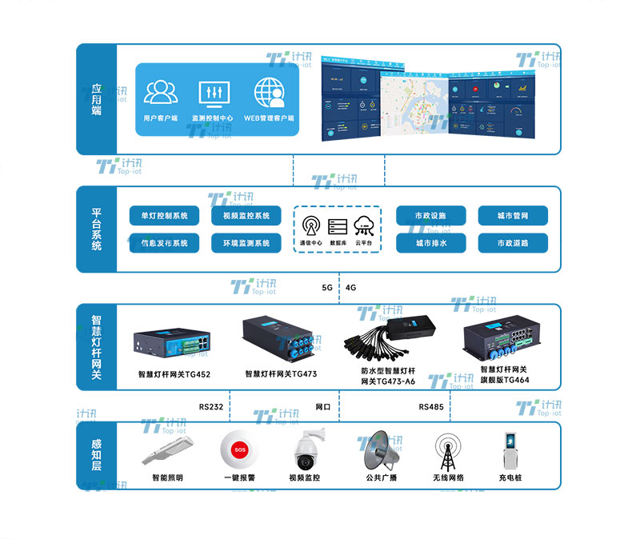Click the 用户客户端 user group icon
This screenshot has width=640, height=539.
tap(161, 92)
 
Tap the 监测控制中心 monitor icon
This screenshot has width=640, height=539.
tap(213, 92)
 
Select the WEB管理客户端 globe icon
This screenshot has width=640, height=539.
tap(270, 92)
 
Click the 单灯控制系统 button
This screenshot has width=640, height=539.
tap(164, 216)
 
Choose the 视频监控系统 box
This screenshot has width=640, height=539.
tap(246, 216)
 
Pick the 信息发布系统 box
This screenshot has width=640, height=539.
tap(164, 242)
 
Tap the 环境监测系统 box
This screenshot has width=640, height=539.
tap(246, 242)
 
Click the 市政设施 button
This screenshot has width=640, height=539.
tap(430, 216)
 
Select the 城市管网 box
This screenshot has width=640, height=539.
tap(513, 216)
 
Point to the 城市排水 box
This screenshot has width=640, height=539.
tap(430, 242)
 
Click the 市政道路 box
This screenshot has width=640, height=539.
tap(513, 242)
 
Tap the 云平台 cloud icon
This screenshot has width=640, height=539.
tap(364, 225)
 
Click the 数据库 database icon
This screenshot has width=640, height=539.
tap(338, 226)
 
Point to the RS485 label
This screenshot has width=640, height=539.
tap(430, 406)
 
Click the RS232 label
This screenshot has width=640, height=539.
tap(211, 406)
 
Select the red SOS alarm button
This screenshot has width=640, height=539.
tap(238, 450)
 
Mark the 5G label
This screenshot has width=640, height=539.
tap(326, 287)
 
